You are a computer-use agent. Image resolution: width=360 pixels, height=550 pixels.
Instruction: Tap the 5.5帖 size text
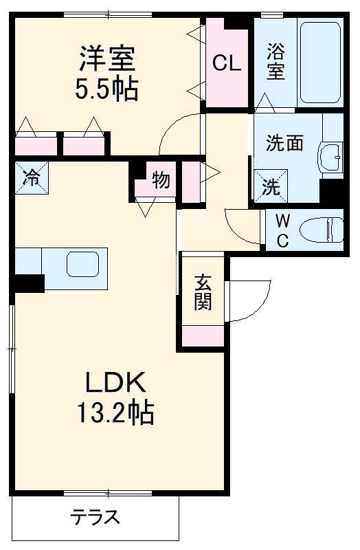[x=108, y=89]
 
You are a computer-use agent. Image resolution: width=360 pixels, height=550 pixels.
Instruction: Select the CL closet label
[x=226, y=63]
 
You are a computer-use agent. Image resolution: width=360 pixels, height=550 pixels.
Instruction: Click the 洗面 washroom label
[x=284, y=144]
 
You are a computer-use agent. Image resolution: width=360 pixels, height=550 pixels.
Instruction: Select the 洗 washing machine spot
[x=271, y=185]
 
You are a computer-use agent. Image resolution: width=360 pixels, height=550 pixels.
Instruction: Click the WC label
[x=283, y=230]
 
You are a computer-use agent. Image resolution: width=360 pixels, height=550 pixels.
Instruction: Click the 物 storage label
[x=161, y=181]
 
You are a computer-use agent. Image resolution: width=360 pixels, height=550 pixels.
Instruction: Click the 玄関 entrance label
[x=203, y=291]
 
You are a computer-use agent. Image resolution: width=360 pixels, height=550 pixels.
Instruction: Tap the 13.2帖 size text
[x=115, y=414]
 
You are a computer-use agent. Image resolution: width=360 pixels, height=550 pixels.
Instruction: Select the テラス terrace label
[x=96, y=517]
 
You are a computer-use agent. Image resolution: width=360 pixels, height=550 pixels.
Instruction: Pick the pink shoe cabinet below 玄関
[x=203, y=335]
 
